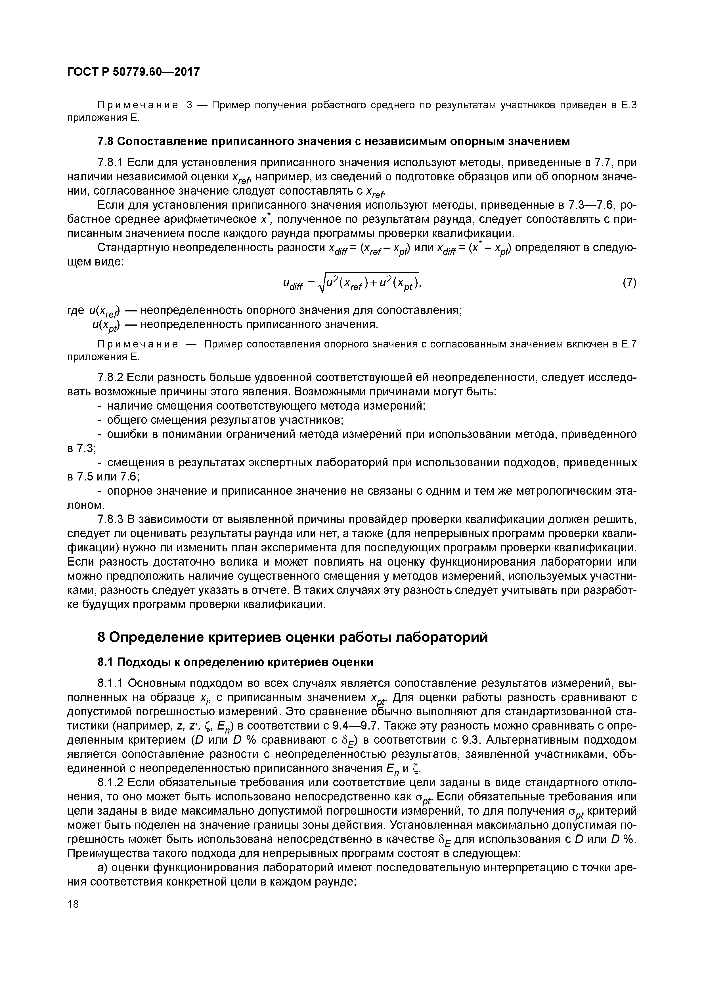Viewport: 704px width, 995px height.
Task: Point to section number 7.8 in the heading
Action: pyautogui.click(x=104, y=141)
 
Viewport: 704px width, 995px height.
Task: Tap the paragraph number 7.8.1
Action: pyautogui.click(x=110, y=163)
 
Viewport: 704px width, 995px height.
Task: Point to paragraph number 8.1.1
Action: pyautogui.click(x=110, y=683)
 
